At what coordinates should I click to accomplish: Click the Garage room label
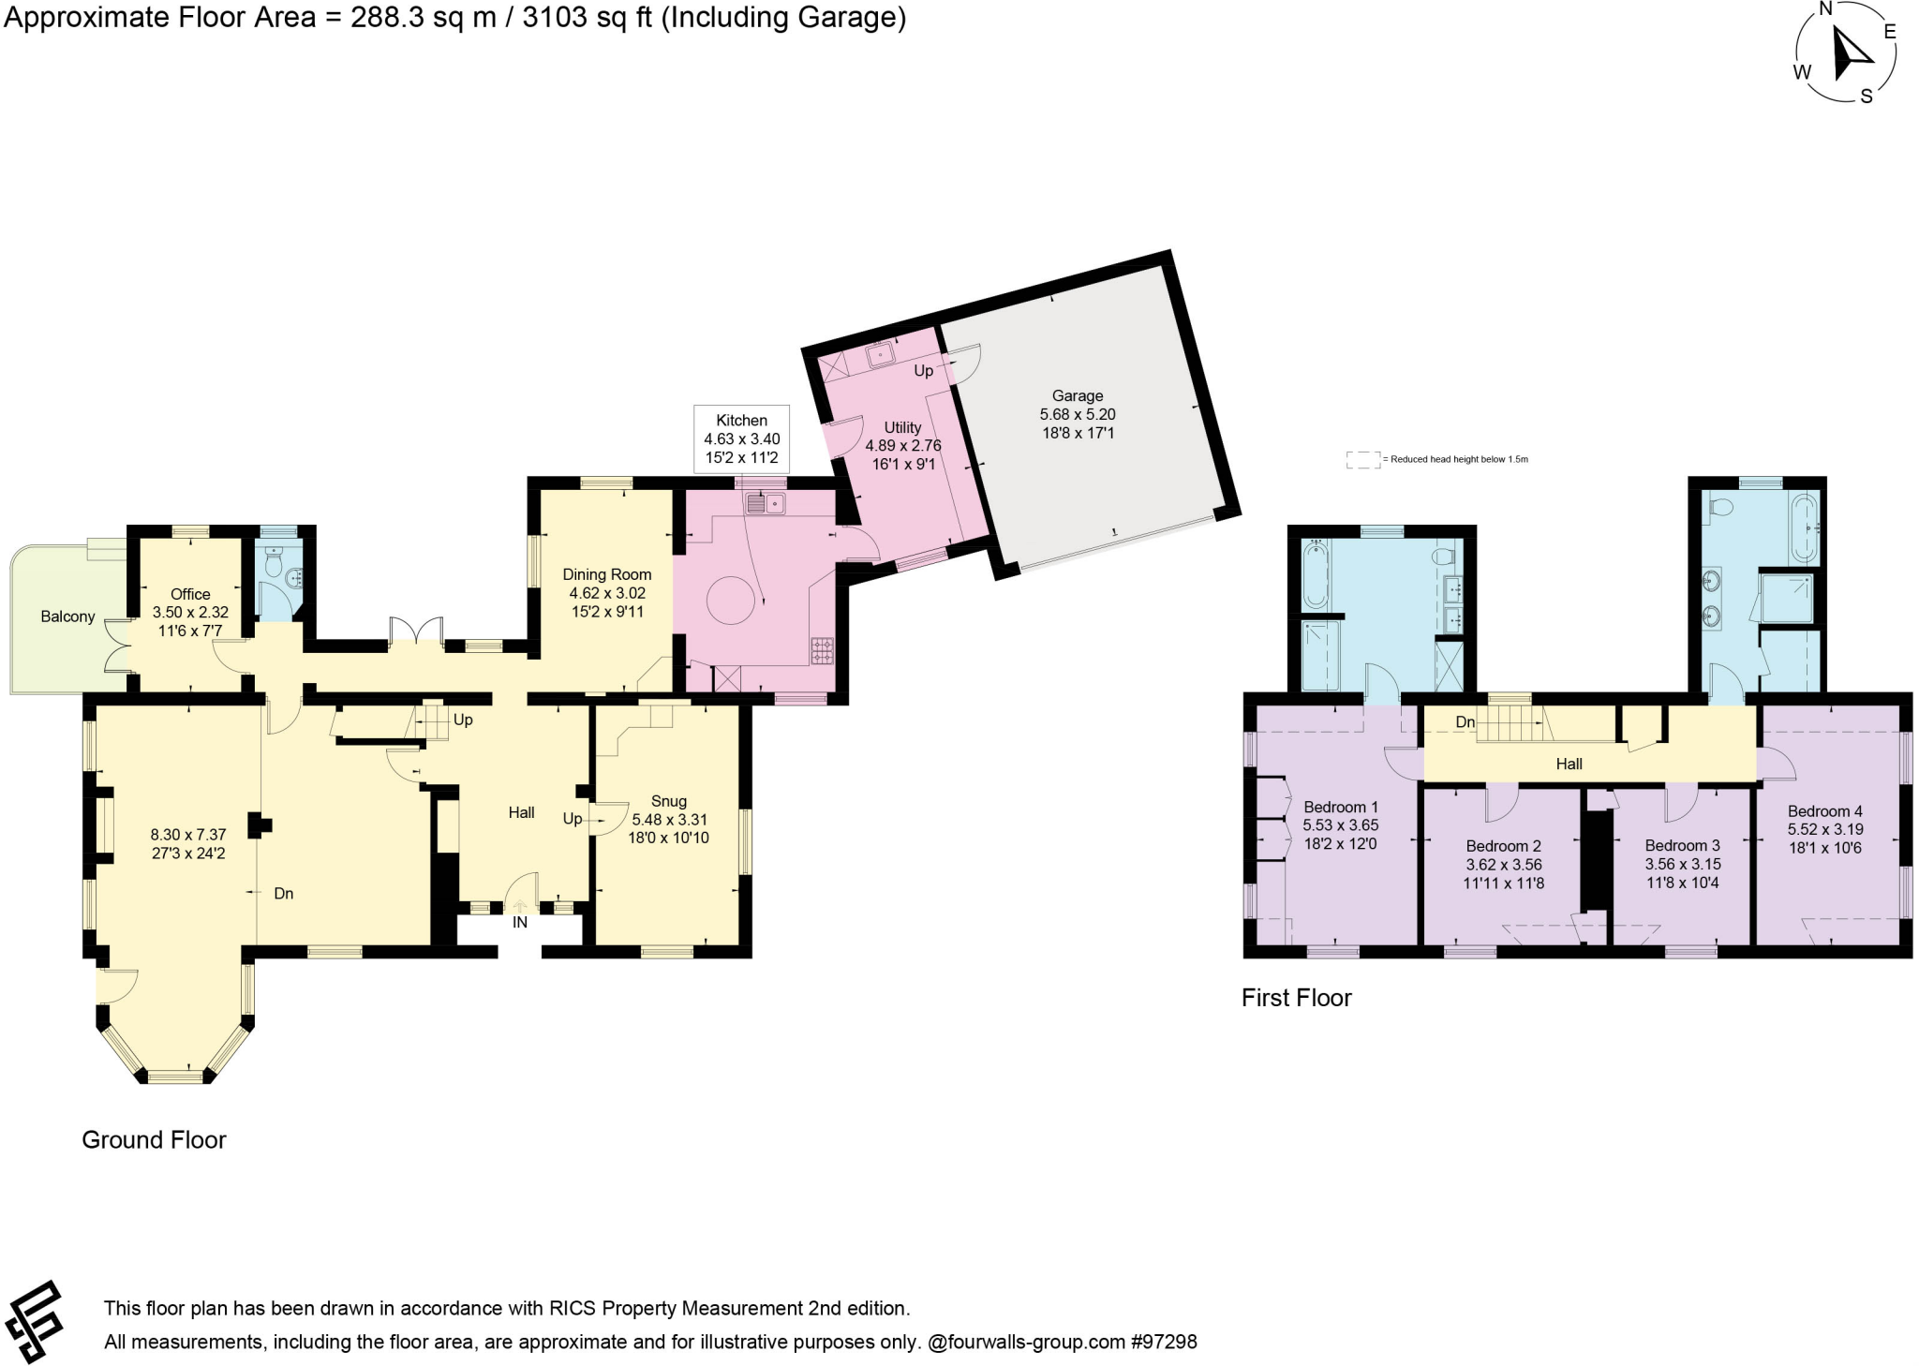1077,396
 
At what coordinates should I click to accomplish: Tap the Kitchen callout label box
741,439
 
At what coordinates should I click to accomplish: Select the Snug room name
668,801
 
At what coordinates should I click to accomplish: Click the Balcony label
67,616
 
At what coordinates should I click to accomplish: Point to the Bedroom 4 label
1824,811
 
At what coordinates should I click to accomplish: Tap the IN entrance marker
519,923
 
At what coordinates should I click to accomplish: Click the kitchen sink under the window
765,505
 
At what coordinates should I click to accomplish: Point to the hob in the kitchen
822,651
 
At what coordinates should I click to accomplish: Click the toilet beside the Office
275,564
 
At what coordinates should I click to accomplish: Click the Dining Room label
606,574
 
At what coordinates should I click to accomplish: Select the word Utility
902,427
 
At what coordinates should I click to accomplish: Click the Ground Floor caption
154,1140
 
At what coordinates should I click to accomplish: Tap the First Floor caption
1296,998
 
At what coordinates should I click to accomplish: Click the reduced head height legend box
1362,460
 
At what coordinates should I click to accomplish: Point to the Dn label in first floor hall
1465,722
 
